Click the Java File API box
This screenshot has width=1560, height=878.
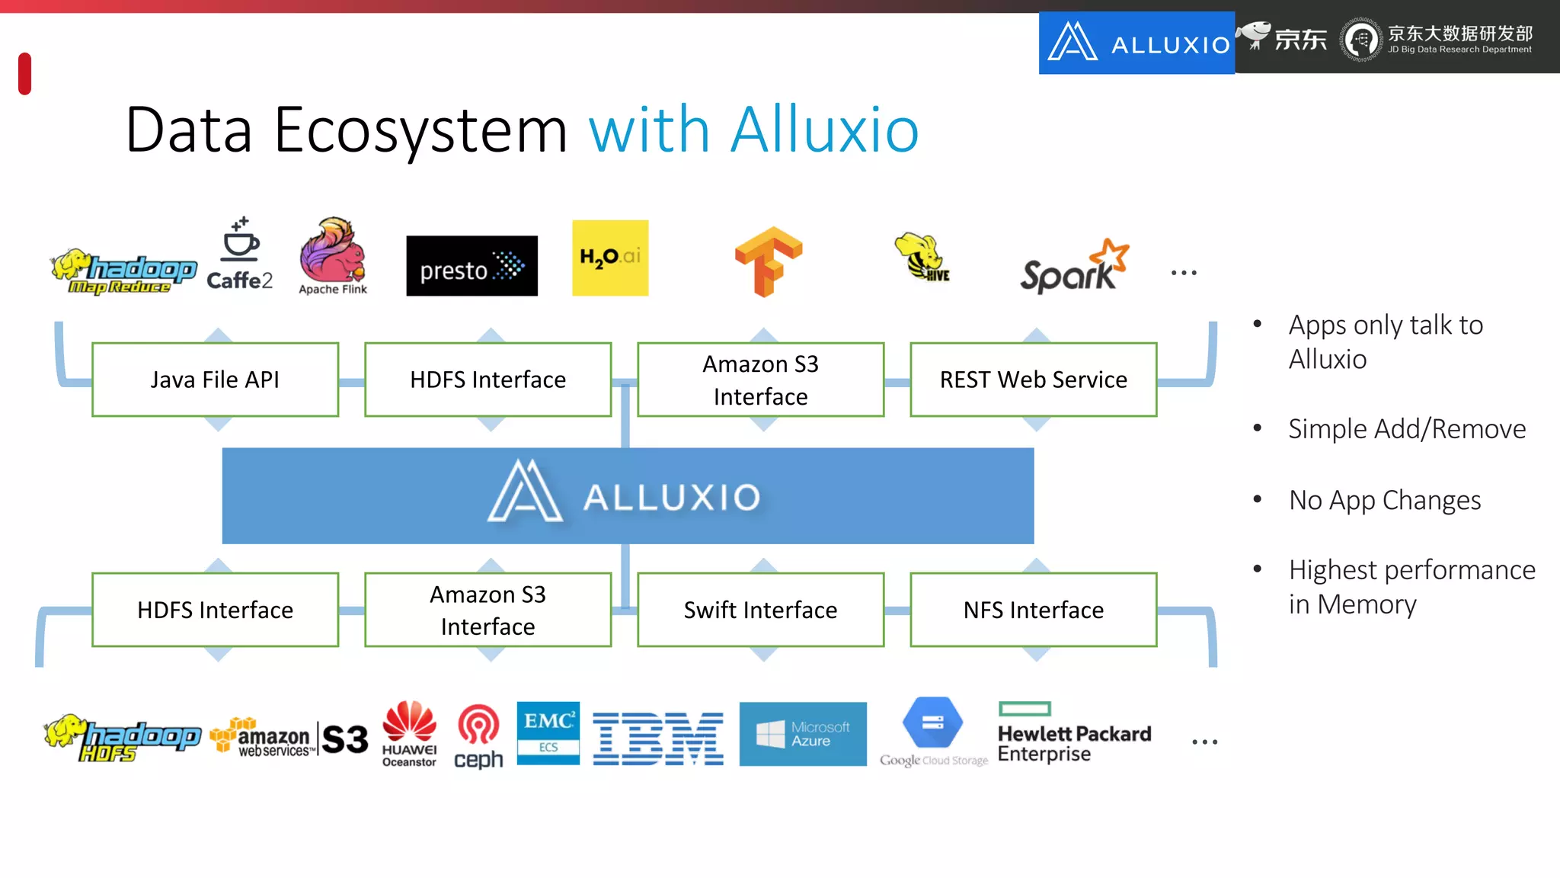click(x=215, y=380)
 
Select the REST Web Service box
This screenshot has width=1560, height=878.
click(x=1033, y=380)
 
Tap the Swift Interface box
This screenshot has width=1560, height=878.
click(x=760, y=610)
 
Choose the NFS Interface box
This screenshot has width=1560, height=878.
click(x=1033, y=610)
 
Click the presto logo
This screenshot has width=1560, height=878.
click(x=472, y=266)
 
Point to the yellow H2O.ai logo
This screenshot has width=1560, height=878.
click(x=610, y=258)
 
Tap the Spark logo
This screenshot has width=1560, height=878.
click(x=1073, y=267)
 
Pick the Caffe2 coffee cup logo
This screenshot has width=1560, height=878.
click(x=239, y=255)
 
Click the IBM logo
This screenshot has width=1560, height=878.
click(x=658, y=739)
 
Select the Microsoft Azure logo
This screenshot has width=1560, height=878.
click(x=802, y=734)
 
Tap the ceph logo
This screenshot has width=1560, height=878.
click(x=478, y=736)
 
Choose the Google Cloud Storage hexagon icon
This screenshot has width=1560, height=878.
click(x=932, y=722)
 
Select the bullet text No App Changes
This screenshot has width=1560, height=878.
click(x=1384, y=501)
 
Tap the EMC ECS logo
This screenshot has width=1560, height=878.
click(x=548, y=732)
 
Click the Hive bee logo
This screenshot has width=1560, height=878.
click(x=922, y=258)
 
